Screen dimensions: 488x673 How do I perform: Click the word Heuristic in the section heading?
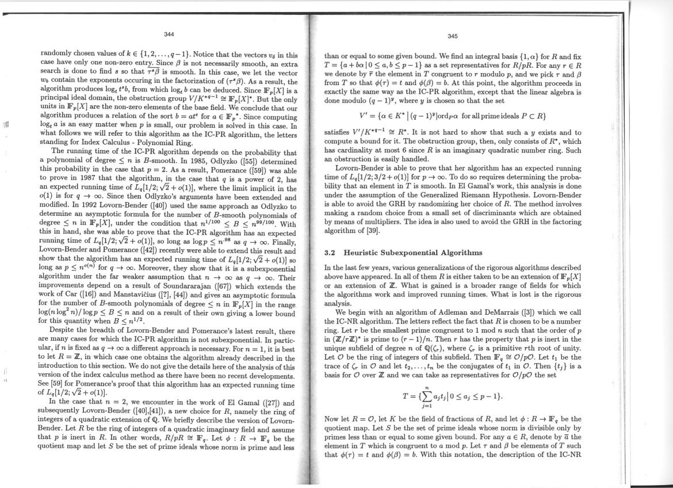(x=366, y=253)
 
